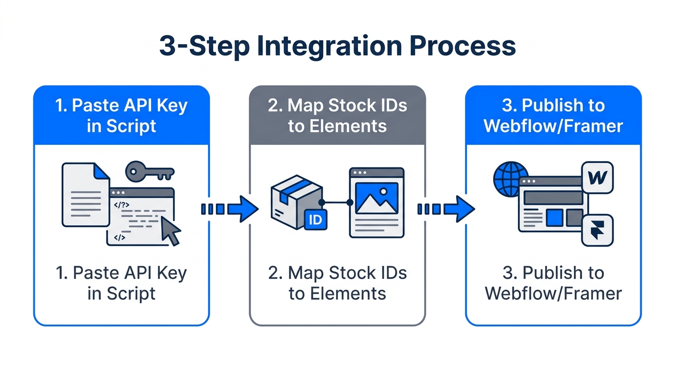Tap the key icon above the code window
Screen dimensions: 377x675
[x=150, y=171]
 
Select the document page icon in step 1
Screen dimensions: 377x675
[x=85, y=195]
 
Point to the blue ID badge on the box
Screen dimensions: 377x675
[x=315, y=219]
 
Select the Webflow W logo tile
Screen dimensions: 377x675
[x=597, y=178]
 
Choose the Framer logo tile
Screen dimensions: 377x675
[x=597, y=230]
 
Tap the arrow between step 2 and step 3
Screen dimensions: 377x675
[x=445, y=209]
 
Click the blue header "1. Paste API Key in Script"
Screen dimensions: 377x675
[x=122, y=116]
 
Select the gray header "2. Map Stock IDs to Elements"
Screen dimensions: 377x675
[x=337, y=116]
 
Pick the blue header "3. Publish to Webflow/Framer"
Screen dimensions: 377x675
[x=553, y=116]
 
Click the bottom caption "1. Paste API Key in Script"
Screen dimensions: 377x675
[x=122, y=283]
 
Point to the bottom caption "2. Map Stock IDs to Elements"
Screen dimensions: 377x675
[x=337, y=283]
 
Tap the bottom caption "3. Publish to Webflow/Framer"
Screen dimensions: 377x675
[x=553, y=283]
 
